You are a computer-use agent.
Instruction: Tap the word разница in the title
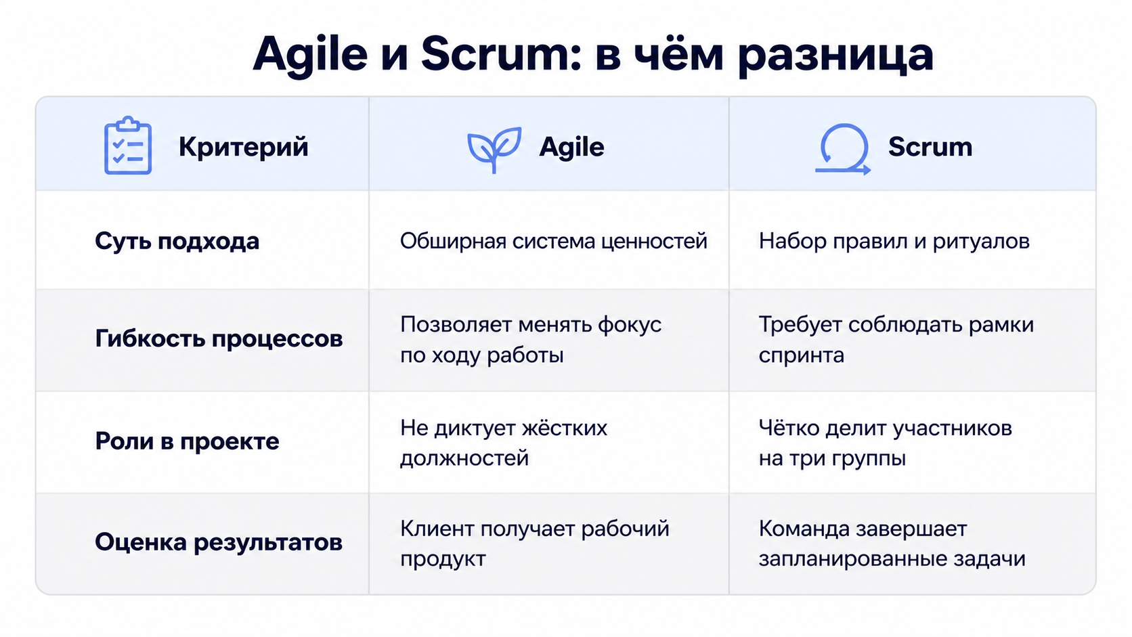click(835, 57)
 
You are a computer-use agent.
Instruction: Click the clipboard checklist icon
click(128, 146)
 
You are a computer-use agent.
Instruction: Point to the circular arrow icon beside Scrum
click(842, 149)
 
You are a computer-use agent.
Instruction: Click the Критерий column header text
click(243, 147)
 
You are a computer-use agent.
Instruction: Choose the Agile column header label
click(571, 147)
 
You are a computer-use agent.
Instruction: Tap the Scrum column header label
click(930, 147)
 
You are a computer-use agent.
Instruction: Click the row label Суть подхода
click(177, 241)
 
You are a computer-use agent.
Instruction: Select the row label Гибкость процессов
click(219, 338)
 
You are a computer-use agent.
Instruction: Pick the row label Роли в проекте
click(187, 441)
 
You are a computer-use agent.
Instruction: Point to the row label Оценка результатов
click(218, 542)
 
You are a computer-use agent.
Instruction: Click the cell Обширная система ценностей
click(553, 241)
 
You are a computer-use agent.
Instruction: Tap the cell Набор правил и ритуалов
click(894, 241)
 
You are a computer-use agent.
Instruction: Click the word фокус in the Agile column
click(629, 325)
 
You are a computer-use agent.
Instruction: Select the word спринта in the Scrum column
click(801, 355)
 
